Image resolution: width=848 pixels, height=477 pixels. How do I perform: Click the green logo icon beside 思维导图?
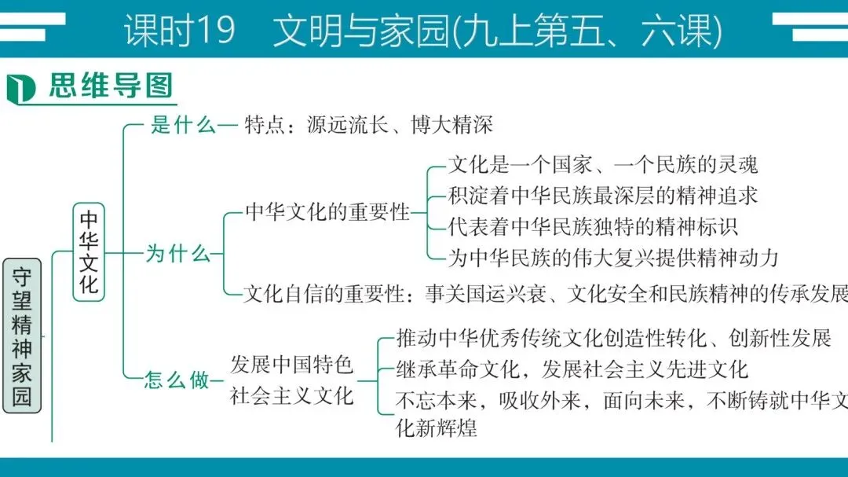point(22,87)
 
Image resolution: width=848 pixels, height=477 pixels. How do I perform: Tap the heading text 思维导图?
point(110,86)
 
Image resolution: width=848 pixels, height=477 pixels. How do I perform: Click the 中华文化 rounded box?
point(90,252)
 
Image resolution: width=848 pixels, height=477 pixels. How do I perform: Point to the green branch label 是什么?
point(182,126)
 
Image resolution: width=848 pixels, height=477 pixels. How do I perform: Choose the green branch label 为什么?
point(177,254)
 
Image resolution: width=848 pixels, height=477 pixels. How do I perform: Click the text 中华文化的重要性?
point(327,211)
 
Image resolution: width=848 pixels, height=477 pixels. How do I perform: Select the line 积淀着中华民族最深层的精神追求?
point(602,195)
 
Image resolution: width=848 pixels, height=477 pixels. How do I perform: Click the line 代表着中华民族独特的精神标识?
point(593,226)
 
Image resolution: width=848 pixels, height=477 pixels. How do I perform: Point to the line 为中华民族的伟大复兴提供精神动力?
point(612,256)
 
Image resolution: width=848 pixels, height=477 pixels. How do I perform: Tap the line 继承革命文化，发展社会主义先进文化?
point(572,369)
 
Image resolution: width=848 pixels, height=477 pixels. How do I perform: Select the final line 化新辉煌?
point(437,428)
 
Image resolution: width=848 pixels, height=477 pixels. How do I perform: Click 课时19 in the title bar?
point(179,31)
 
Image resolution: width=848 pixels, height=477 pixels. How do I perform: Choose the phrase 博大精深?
point(451,126)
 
